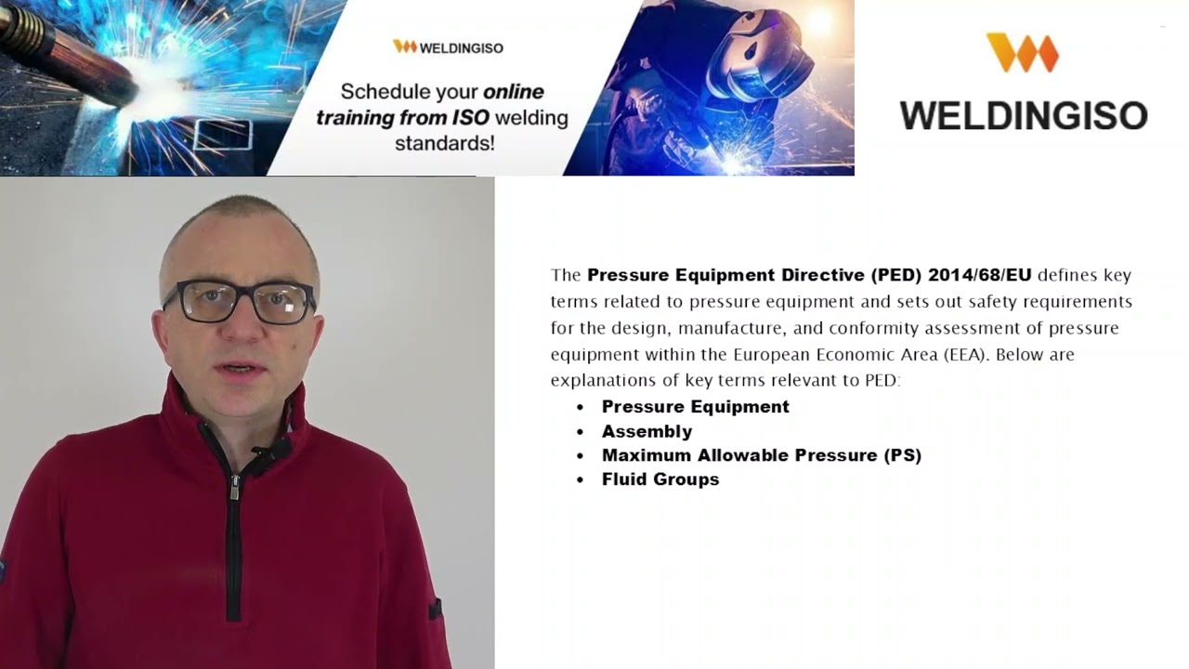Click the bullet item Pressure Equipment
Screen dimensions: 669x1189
click(695, 407)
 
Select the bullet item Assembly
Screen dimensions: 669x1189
click(647, 431)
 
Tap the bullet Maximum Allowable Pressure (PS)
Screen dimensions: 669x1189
click(761, 455)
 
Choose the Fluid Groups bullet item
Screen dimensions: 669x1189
click(660, 479)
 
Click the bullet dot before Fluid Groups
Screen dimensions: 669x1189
click(581, 480)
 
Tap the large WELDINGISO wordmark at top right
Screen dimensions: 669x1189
click(1023, 115)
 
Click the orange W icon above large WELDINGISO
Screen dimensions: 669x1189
click(1022, 52)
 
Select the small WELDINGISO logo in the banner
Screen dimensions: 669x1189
click(448, 46)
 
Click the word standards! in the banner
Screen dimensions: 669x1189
click(444, 143)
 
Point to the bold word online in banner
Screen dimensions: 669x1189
click(513, 92)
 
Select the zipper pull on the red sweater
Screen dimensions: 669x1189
click(235, 487)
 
